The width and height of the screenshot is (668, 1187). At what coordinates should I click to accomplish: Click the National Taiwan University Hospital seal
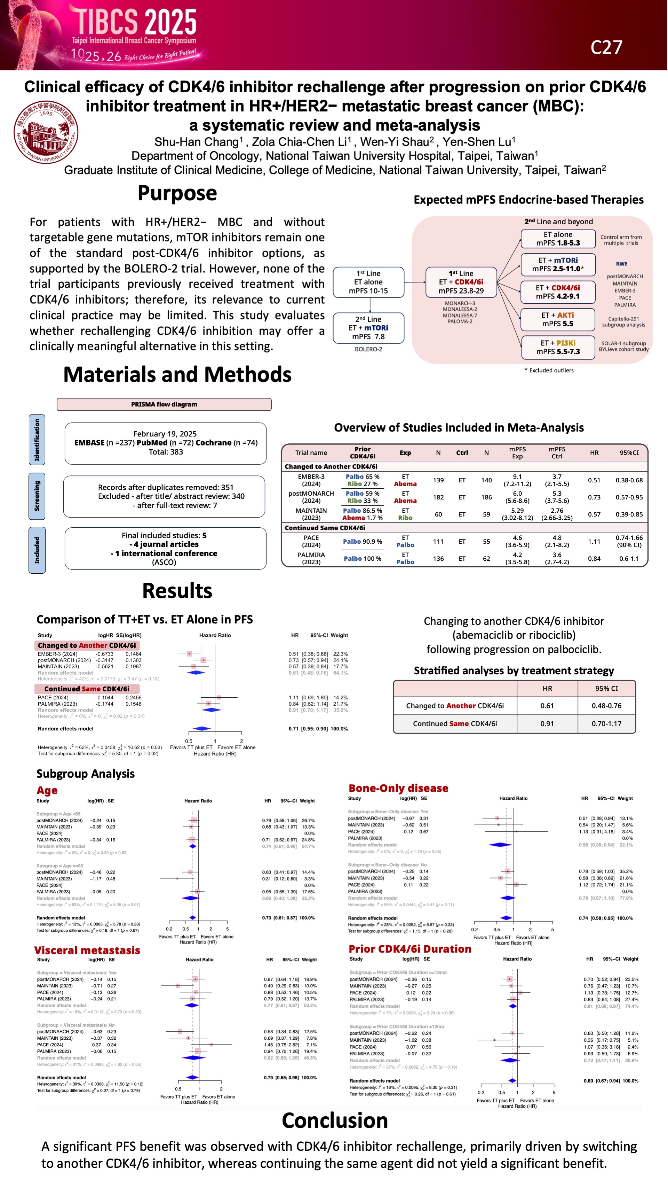click(46, 132)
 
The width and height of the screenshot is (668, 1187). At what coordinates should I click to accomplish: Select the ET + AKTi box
click(557, 319)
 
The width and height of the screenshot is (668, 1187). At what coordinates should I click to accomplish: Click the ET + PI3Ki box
click(557, 347)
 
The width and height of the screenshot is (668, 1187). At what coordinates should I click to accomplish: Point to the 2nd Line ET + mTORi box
click(368, 328)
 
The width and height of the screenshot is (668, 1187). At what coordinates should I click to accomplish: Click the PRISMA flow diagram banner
click(164, 404)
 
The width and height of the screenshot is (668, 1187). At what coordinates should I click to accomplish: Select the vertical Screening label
click(37, 496)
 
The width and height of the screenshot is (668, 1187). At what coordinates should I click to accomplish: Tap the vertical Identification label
click(37, 440)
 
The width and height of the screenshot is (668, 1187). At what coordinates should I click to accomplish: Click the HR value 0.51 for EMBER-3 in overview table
click(594, 480)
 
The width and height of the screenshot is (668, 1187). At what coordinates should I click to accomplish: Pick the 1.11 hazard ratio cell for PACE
click(594, 542)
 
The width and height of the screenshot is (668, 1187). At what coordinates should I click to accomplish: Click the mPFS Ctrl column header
click(557, 452)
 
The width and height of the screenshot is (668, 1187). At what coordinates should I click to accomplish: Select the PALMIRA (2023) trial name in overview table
click(311, 558)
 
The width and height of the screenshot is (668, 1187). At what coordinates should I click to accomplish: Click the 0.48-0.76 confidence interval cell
click(606, 705)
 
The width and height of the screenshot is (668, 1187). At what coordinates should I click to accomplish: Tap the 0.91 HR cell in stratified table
click(547, 723)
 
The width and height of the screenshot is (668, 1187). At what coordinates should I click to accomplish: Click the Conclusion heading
click(335, 1120)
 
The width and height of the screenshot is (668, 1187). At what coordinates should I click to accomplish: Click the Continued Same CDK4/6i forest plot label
click(87, 689)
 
